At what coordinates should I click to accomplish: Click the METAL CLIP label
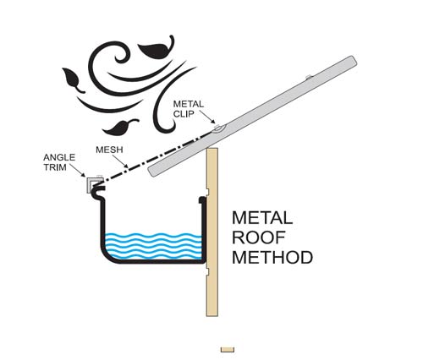point(189,109)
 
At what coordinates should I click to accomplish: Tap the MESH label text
point(109,150)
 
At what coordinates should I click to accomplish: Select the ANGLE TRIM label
point(59,162)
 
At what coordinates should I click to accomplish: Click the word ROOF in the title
point(259,237)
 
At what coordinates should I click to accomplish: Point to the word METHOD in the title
point(272,257)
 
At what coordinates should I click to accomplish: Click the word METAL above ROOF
point(262,218)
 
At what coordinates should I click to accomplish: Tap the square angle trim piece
point(91,185)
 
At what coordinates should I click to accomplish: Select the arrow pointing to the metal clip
point(207,117)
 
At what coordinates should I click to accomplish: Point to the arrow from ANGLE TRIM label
point(78,170)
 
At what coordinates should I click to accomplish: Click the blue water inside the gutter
point(152,246)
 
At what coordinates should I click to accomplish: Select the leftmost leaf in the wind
point(73,80)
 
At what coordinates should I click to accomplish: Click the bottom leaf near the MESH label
point(119,127)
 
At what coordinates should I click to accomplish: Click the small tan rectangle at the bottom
point(228,350)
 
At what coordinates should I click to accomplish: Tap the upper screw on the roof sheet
point(309,77)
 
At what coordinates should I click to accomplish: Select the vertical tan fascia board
point(212,232)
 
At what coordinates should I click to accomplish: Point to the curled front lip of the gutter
point(97,190)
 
